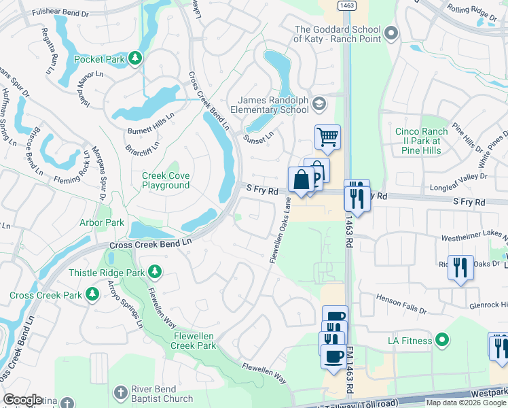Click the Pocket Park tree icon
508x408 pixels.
pos(136,58)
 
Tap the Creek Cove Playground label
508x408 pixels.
pos(165,180)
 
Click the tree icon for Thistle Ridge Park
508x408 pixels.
pos(156,272)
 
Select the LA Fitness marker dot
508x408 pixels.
pos(442,340)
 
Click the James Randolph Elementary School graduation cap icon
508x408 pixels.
pos(319,104)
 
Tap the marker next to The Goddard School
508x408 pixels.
pos(390,33)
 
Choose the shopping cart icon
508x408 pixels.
pos(327,137)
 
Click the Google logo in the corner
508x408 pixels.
pos(23,400)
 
